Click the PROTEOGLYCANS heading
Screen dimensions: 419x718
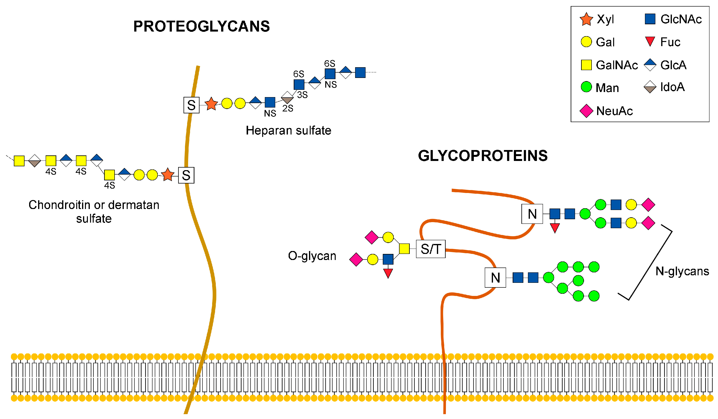pyautogui.click(x=201, y=26)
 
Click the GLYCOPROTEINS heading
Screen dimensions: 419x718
pyautogui.click(x=483, y=156)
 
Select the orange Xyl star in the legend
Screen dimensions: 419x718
pyautogui.click(x=586, y=19)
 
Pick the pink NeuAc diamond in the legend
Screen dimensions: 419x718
pyautogui.click(x=586, y=111)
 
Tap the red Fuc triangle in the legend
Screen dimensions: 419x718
pyautogui.click(x=650, y=42)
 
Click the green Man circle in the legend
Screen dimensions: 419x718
pyautogui.click(x=586, y=87)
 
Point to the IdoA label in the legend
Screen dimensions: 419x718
pyautogui.click(x=672, y=87)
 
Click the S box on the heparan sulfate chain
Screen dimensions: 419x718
pyautogui.click(x=191, y=105)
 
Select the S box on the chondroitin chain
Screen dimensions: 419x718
pyautogui.click(x=186, y=175)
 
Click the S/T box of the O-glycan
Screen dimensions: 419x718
pyautogui.click(x=431, y=249)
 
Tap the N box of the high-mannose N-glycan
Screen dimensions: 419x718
pyautogui.click(x=495, y=278)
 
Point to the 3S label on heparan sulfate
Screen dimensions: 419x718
pyautogui.click(x=302, y=95)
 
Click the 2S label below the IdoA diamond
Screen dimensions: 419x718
pyautogui.click(x=288, y=108)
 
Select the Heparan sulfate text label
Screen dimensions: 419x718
pyautogui.click(x=288, y=131)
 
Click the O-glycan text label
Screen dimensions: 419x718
pyautogui.click(x=312, y=256)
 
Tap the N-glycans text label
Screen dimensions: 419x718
pyautogui.click(x=682, y=271)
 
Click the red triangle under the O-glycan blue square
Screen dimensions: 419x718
pyautogui.click(x=388, y=273)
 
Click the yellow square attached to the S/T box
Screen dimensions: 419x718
pyautogui.click(x=404, y=249)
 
